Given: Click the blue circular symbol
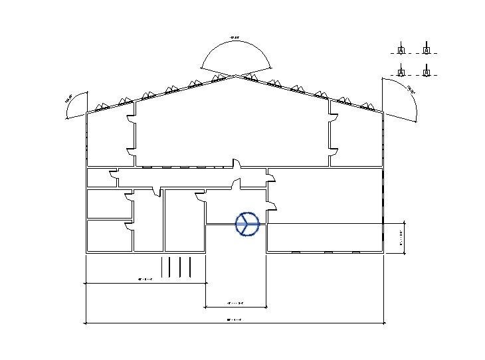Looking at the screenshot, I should [x=246, y=225].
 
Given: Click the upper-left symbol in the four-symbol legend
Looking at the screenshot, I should [x=401, y=50].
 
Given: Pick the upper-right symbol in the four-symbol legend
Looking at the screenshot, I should [x=426, y=50].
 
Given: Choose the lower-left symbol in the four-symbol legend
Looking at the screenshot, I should [x=401, y=71].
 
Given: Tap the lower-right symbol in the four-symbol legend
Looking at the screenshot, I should [x=426, y=71].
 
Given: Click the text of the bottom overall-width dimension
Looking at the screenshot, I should [x=234, y=319].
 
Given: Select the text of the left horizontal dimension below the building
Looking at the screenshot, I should [x=145, y=280].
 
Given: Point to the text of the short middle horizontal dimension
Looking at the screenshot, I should [x=235, y=304].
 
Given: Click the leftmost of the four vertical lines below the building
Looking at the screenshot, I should [x=163, y=266].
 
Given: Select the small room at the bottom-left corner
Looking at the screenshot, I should [x=110, y=236].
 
